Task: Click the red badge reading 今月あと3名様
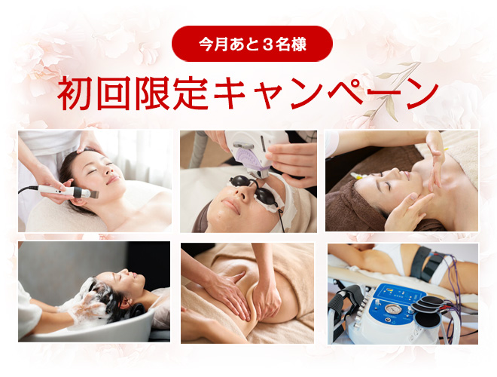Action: (x=252, y=44)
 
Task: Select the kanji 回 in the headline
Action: (x=114, y=93)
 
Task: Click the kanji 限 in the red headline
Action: (x=151, y=93)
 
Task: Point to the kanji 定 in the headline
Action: (x=191, y=93)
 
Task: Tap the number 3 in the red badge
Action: (x=267, y=44)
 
